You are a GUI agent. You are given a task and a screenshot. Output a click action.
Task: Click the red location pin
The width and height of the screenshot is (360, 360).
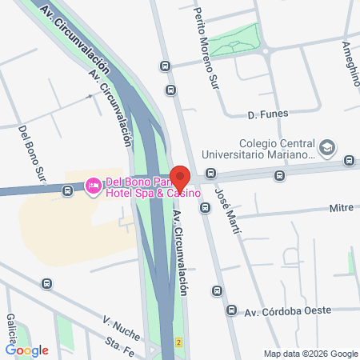coord(180,178)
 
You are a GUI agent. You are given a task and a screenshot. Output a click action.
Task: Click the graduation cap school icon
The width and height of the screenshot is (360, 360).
coord(326,148)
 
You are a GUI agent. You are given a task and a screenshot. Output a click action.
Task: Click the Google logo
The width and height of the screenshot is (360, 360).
coord(27,350)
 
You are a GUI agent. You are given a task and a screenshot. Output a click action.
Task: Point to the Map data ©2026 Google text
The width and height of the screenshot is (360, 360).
coord(311,354)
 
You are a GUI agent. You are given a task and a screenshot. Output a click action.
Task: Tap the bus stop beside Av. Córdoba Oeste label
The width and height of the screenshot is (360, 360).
coord(232,310)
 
